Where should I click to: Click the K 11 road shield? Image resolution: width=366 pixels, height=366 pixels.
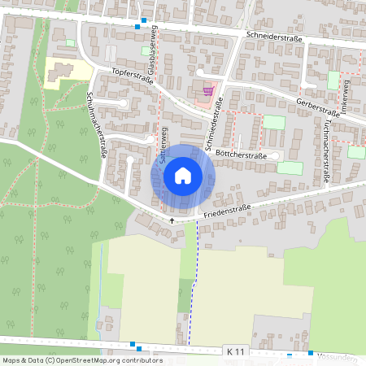pos(235,351)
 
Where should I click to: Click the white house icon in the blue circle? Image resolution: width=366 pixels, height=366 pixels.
pos(183,176)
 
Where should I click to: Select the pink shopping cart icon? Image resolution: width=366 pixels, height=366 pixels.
pos(207,91)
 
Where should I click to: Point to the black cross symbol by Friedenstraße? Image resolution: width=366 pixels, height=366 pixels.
pos(172,220)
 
